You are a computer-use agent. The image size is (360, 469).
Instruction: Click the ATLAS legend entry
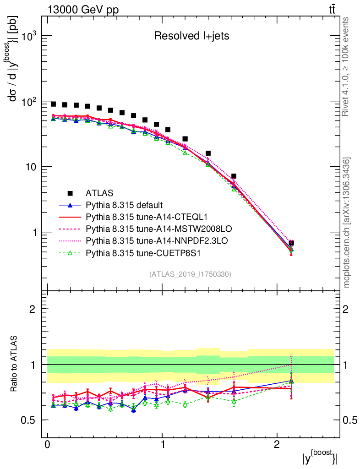(x=99, y=193)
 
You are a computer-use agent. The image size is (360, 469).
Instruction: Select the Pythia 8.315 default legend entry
(x=124, y=205)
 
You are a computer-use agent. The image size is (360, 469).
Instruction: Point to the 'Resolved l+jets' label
(x=191, y=36)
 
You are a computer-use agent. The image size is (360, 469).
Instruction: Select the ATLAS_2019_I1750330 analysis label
(x=190, y=274)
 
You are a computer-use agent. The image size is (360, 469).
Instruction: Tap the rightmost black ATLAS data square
(x=291, y=243)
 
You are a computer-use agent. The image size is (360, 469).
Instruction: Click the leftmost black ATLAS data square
(x=54, y=104)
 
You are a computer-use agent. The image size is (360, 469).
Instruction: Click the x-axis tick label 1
(x=162, y=445)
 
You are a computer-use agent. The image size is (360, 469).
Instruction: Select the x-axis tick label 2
(x=277, y=445)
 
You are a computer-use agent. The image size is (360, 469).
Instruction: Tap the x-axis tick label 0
(x=48, y=445)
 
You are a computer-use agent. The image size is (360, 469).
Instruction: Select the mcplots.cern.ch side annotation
(x=346, y=222)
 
